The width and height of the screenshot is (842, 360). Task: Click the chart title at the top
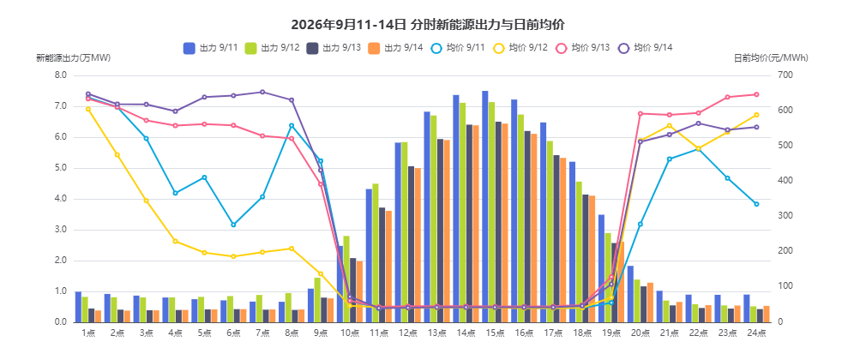tap(428, 25)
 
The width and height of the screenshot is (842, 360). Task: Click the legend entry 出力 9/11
tap(211, 48)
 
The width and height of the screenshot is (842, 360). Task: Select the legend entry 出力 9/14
tap(396, 48)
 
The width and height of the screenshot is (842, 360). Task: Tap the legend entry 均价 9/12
tap(520, 48)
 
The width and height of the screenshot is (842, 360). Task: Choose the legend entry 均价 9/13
tap(583, 48)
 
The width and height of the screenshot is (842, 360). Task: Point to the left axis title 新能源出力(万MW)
tap(74, 58)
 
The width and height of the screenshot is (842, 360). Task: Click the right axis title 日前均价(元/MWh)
tap(771, 58)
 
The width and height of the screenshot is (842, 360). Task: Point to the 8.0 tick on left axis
tap(61, 75)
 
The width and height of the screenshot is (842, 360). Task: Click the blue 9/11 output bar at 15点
tap(485, 207)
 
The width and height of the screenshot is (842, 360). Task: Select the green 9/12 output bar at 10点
tap(346, 279)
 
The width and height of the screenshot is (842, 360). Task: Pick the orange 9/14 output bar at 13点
tap(447, 231)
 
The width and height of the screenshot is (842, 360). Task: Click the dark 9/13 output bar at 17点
tap(556, 239)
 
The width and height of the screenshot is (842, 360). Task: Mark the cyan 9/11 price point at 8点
tap(292, 125)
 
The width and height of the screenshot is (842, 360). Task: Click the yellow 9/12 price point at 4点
tap(175, 242)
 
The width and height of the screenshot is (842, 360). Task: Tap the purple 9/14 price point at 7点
tap(262, 92)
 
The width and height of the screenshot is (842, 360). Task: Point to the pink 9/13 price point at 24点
tap(756, 94)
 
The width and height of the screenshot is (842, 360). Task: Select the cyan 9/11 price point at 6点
tap(233, 225)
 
